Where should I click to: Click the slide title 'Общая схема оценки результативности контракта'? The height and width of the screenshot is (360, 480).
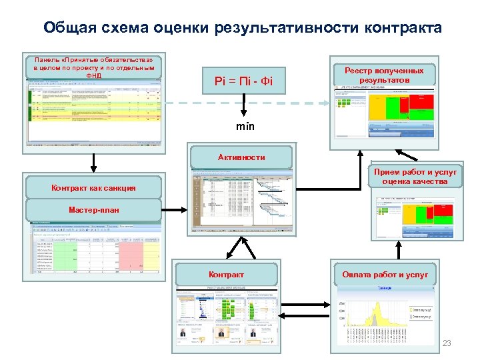241,28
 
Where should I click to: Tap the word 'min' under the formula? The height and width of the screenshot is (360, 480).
245,126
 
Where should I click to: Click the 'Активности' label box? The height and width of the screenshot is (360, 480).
241,157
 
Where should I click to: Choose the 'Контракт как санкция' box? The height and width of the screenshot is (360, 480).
93,187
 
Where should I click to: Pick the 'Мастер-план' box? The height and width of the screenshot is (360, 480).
93,209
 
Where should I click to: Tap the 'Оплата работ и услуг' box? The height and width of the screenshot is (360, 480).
385,274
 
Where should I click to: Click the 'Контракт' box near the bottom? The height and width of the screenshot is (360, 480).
226,274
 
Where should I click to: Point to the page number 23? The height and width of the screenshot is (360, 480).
447,343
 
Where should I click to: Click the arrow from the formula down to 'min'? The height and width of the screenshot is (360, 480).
245,107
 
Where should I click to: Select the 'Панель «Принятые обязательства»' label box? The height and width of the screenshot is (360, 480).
93,67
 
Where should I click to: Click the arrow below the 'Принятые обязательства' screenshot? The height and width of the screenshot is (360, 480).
93,161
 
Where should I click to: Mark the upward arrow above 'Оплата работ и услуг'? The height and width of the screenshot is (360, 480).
399,250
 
